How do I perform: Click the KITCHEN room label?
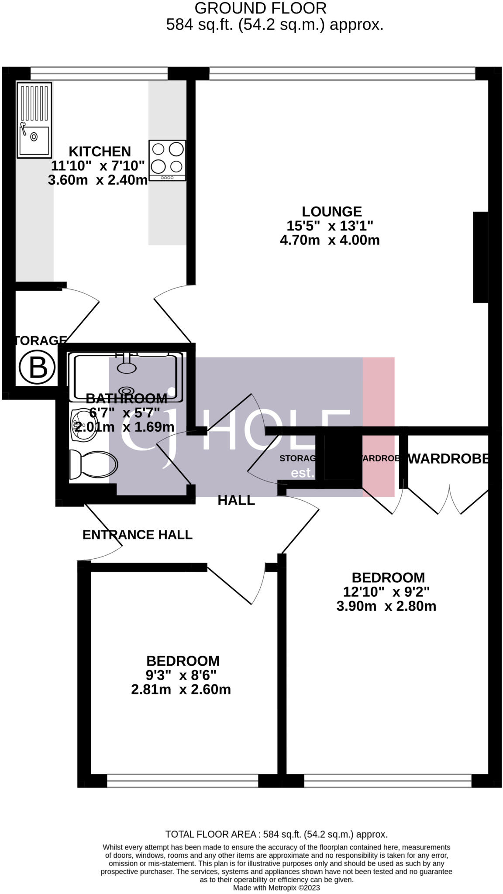100,151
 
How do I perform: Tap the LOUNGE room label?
332,212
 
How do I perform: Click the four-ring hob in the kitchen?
167,160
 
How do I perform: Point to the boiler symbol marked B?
38,367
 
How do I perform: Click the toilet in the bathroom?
93,464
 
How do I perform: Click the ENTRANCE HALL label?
138,535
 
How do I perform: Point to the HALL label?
236,500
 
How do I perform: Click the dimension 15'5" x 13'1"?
330,226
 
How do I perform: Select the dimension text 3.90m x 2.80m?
386,606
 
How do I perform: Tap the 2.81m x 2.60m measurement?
181,690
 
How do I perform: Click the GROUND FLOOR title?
260,8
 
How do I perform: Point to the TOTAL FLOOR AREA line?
276,834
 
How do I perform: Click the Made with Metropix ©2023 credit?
276,888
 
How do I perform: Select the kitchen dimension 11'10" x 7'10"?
98,166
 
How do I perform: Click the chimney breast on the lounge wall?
480,257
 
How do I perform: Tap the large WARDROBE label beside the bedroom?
448,458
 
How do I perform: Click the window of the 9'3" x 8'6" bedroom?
183,781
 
